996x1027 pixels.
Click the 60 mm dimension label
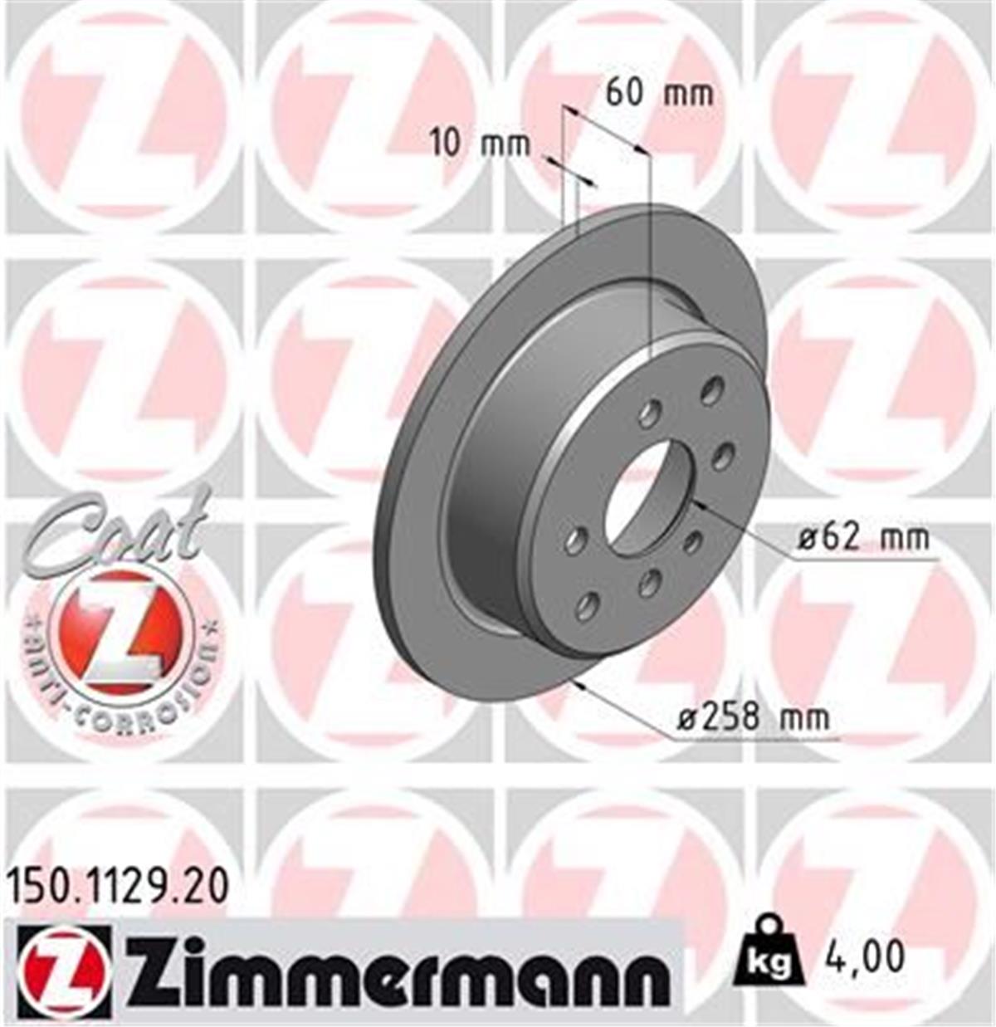pos(658,93)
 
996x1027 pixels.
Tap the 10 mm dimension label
pos(480,144)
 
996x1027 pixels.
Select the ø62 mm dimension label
pos(863,538)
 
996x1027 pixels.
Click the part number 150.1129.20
pos(116,887)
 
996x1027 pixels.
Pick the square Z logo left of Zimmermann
pos(61,971)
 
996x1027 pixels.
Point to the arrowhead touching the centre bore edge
pos(697,503)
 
